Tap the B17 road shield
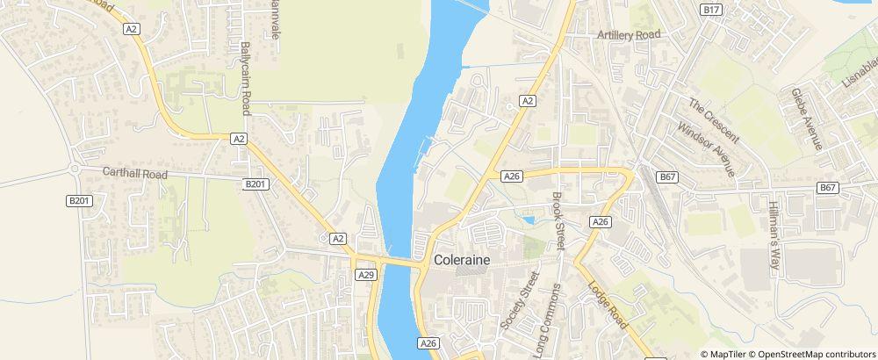(x=711, y=10)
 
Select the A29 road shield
(x=367, y=275)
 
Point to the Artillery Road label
(x=628, y=34)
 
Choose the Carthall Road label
(x=134, y=174)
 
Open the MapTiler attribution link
(x=731, y=354)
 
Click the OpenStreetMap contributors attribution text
(x=817, y=354)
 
